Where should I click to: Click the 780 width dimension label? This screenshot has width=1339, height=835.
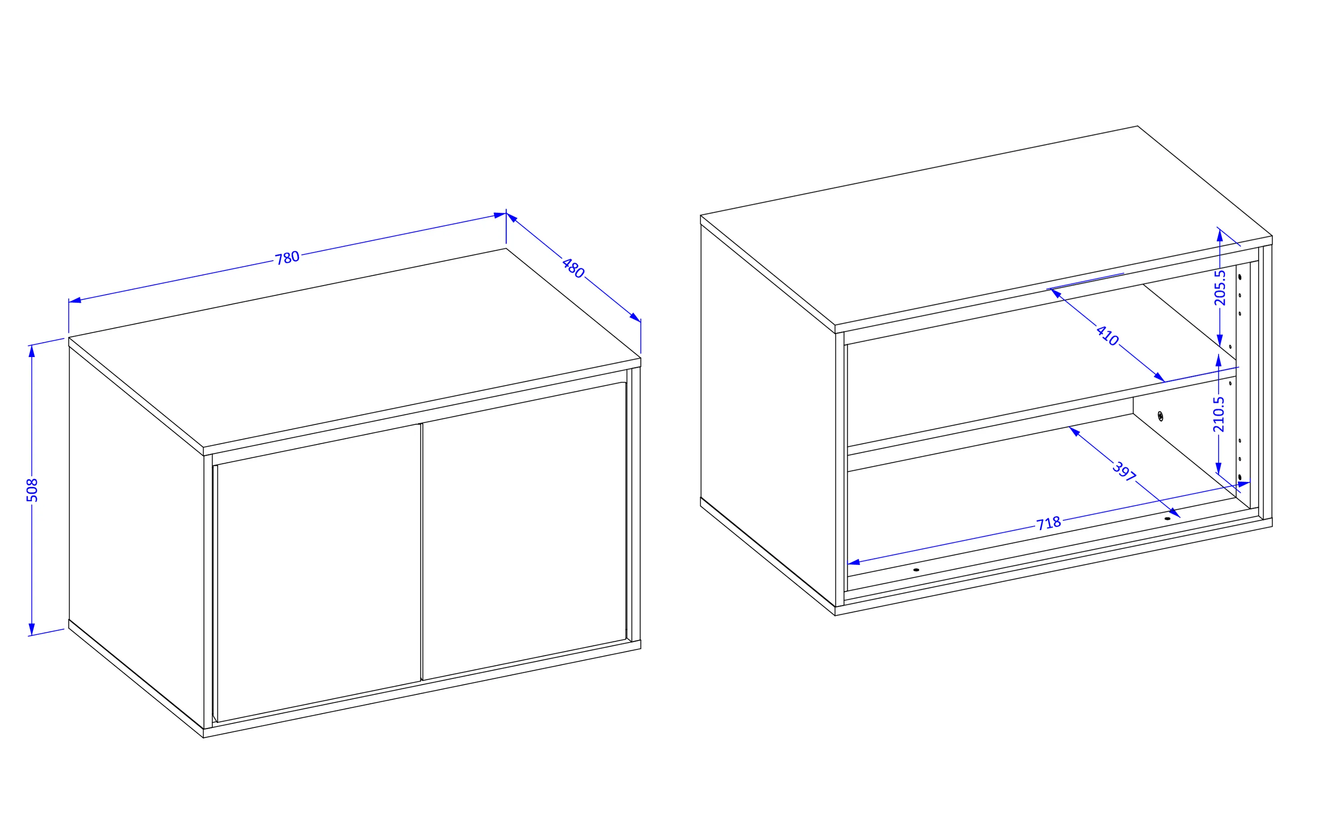pos(287,258)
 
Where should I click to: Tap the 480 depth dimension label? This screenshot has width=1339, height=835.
pos(573,268)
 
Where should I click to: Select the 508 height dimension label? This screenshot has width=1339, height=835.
pos(32,490)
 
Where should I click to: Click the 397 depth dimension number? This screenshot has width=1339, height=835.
pos(1124,471)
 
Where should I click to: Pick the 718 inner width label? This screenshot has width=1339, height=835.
pos(1048,523)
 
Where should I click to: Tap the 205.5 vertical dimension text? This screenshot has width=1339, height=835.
pos(1220,288)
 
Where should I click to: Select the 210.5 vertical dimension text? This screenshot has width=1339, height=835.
pos(1218,414)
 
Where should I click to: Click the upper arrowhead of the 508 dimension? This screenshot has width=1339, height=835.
pos(32,351)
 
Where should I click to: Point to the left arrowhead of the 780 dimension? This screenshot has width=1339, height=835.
pos(75,300)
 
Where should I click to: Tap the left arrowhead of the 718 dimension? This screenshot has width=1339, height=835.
pos(854,562)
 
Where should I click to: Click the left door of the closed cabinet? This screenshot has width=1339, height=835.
pos(319,573)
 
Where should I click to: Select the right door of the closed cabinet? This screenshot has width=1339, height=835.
pos(524,531)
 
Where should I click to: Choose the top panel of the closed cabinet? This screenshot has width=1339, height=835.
pos(354,348)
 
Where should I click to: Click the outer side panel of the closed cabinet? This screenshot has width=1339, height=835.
pos(137,537)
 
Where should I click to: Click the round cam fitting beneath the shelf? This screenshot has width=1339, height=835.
pos(1160,416)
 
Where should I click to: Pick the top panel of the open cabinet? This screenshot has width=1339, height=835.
pos(986,226)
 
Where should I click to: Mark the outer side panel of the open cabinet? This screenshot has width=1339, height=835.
pos(768,415)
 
